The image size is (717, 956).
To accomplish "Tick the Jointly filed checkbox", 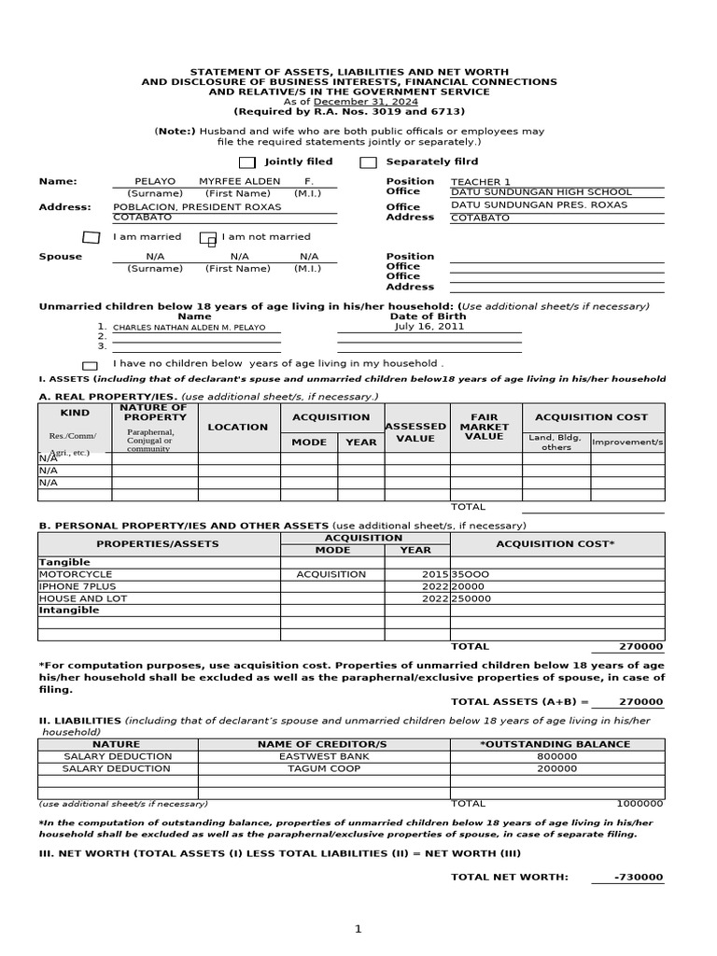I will pyautogui.click(x=246, y=163).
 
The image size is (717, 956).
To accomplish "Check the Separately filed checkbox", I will pyautogui.click(x=369, y=163).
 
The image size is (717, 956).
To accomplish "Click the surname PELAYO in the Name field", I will pyautogui.click(x=155, y=181).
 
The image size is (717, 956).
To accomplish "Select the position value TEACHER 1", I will pyautogui.click(x=481, y=182).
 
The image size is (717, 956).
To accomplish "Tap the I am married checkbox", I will pyautogui.click(x=91, y=237).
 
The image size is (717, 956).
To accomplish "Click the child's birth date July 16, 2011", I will pyautogui.click(x=429, y=327).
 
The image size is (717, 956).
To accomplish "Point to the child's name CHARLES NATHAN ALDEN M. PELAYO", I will pyautogui.click(x=190, y=328).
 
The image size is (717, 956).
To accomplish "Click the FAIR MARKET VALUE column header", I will pyautogui.click(x=484, y=427).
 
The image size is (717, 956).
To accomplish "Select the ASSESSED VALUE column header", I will pyautogui.click(x=415, y=432).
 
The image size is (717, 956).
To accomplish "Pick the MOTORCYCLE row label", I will pyautogui.click(x=76, y=574).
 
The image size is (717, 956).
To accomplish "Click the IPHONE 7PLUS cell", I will pyautogui.click(x=77, y=586).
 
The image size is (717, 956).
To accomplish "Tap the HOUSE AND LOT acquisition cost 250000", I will pyautogui.click(x=472, y=598).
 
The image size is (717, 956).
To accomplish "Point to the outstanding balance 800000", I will pyautogui.click(x=557, y=756).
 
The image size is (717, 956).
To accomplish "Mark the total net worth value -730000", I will pyautogui.click(x=640, y=877).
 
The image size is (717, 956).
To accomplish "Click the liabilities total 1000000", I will pyautogui.click(x=640, y=803).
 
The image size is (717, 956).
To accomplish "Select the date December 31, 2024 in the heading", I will pyautogui.click(x=366, y=102).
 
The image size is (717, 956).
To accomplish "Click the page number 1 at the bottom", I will pyautogui.click(x=357, y=929).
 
